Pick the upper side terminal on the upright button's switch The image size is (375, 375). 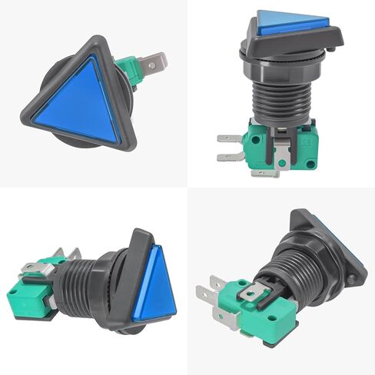pos(229,139)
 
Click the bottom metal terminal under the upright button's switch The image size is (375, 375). pos(265,173)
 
